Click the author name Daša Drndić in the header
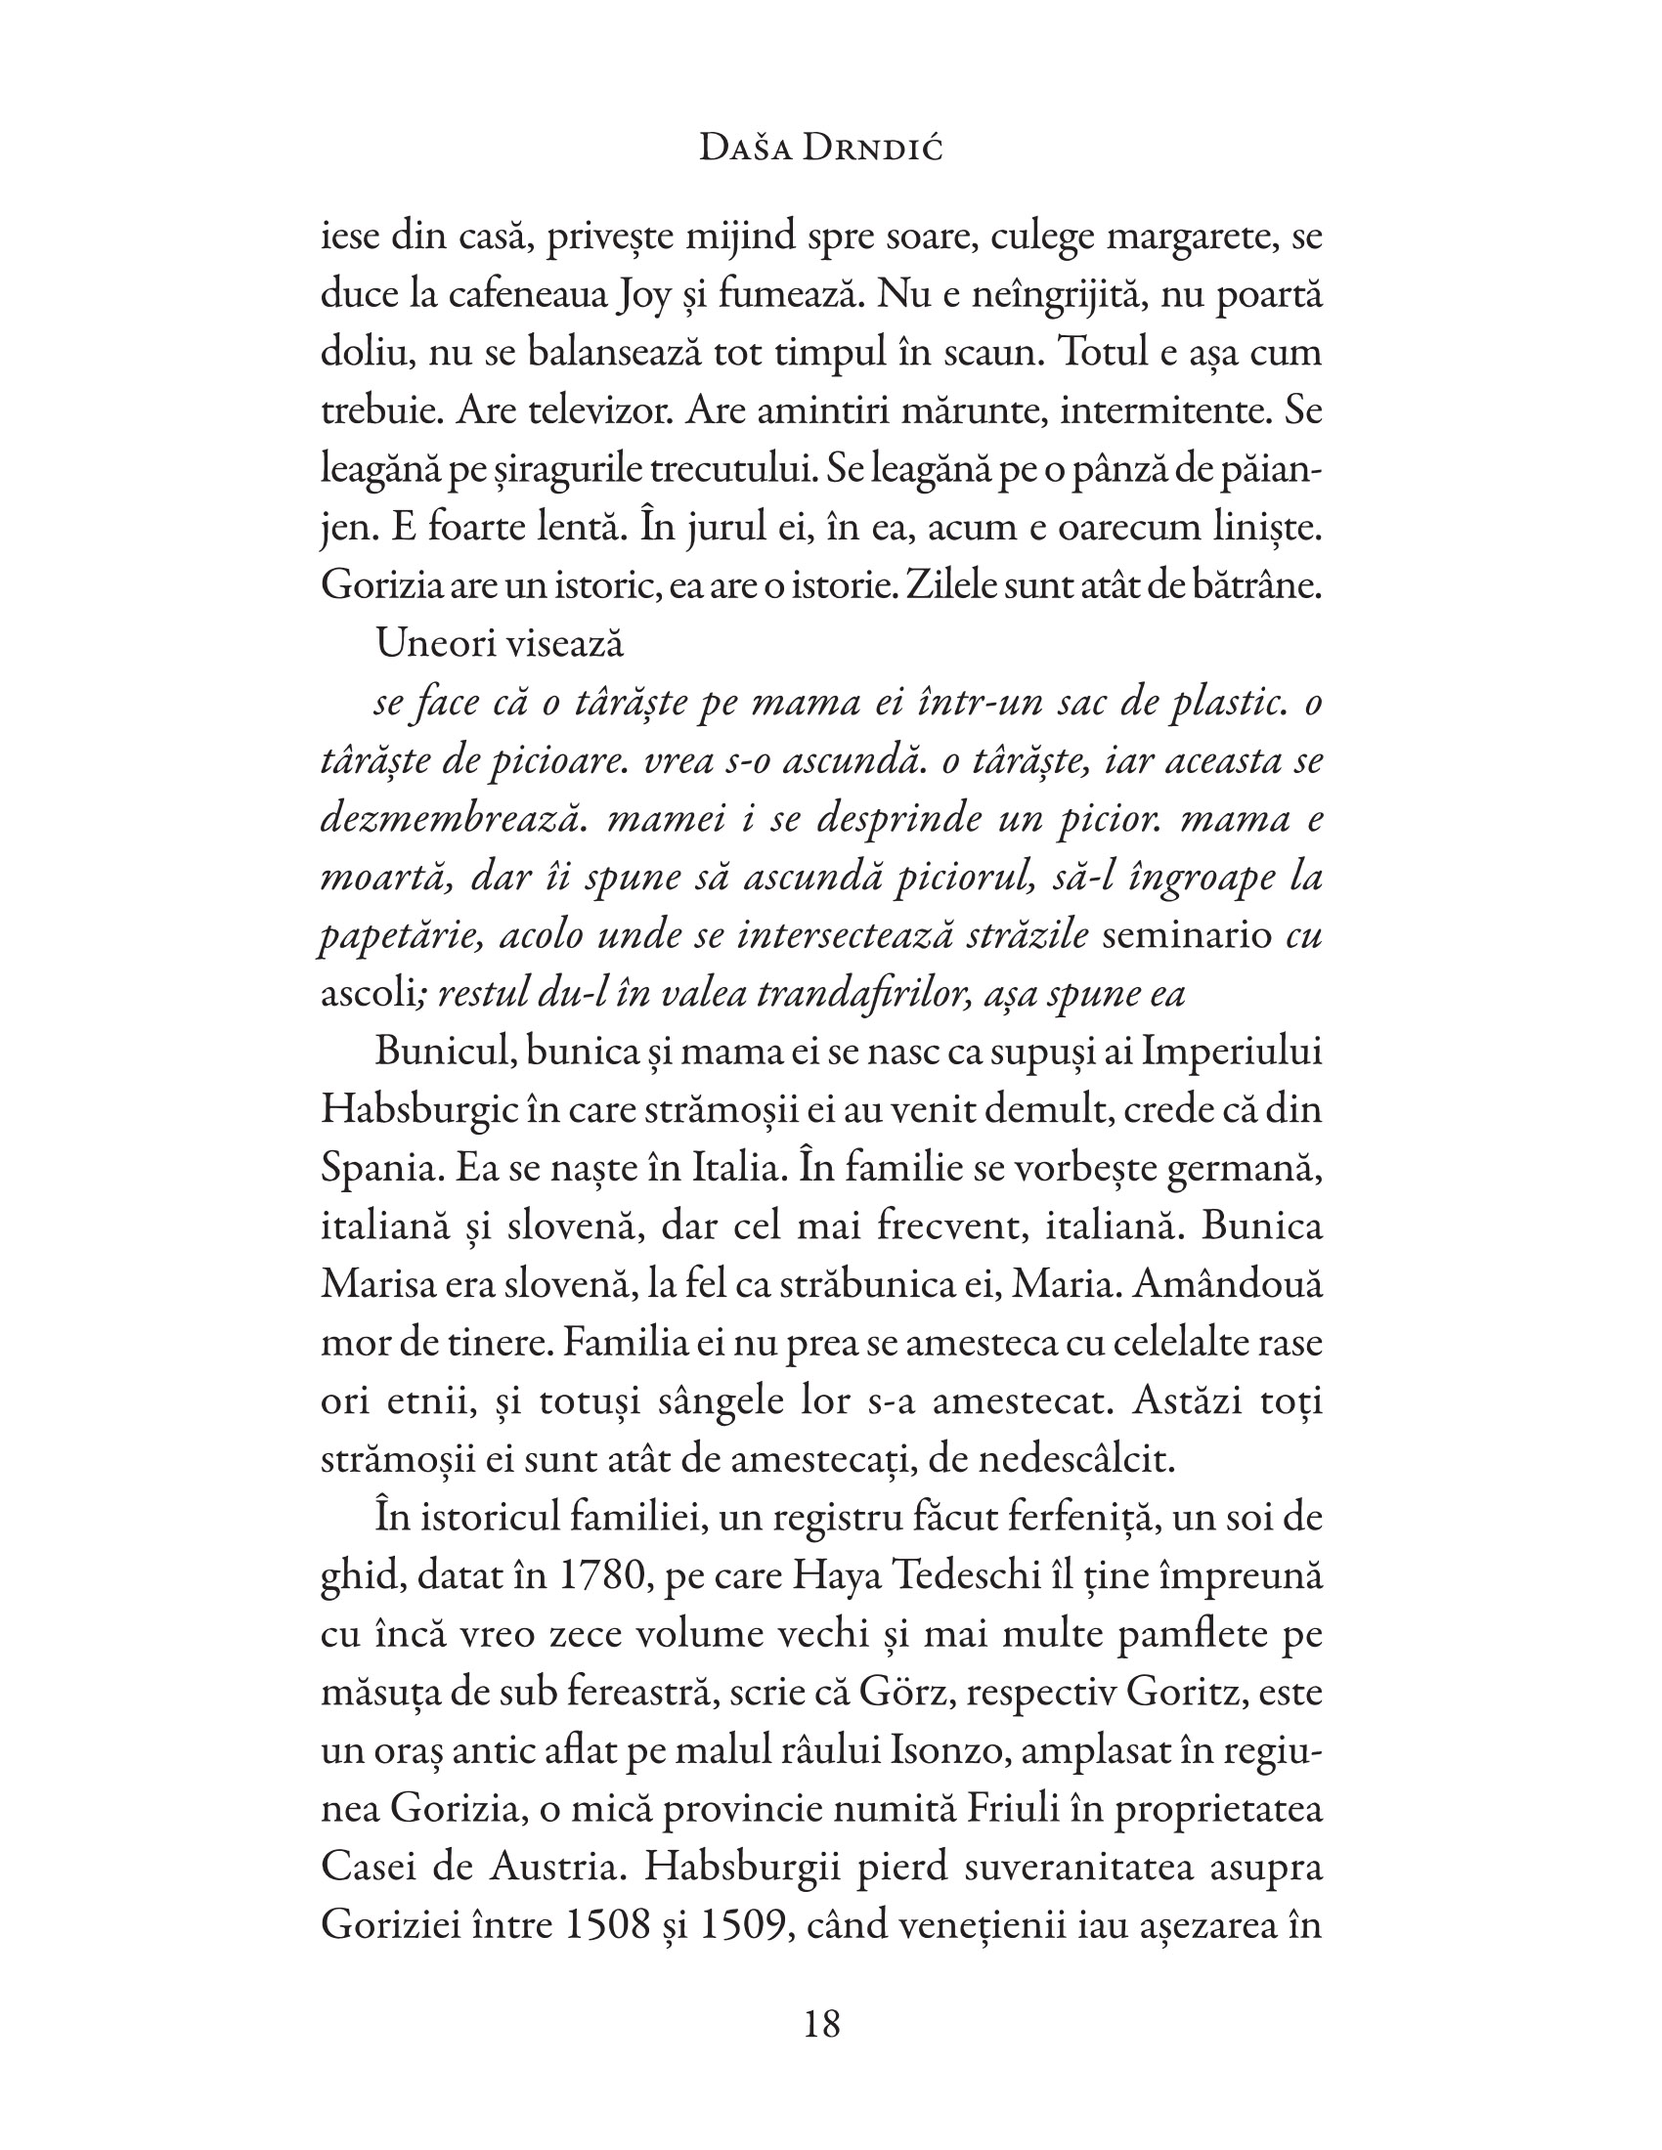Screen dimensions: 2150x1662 point(820,150)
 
